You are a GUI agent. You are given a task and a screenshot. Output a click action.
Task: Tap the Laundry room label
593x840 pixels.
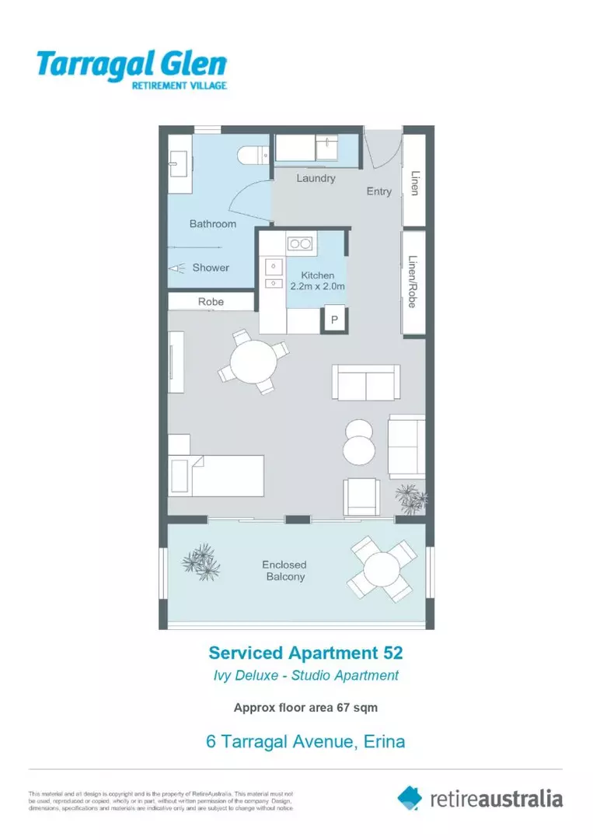[316, 178]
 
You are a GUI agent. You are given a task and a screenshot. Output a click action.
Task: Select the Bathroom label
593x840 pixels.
[213, 224]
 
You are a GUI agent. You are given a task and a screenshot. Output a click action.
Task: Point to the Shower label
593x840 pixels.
[211, 268]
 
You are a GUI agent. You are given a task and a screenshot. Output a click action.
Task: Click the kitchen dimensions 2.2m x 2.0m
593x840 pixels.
[317, 286]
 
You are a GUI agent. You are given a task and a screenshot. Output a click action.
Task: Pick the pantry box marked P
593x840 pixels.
[335, 320]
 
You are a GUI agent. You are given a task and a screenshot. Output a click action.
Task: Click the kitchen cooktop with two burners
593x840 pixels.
[298, 243]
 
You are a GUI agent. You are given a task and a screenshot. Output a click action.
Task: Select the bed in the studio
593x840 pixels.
[217, 474]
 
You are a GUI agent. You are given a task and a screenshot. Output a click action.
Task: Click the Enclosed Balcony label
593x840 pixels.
[284, 571]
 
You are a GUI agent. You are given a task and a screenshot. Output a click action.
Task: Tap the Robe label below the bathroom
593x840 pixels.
[211, 302]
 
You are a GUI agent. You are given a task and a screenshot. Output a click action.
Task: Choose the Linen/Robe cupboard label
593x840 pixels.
[413, 282]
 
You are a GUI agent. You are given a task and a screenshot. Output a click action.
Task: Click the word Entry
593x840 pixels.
[379, 191]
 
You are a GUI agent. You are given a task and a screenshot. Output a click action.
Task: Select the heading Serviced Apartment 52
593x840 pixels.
[305, 652]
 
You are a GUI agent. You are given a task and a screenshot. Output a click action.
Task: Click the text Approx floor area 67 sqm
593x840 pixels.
[305, 708]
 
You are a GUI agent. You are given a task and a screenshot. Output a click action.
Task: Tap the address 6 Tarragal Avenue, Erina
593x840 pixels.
[305, 741]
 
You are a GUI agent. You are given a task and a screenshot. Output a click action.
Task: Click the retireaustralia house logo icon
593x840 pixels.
[410, 797]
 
